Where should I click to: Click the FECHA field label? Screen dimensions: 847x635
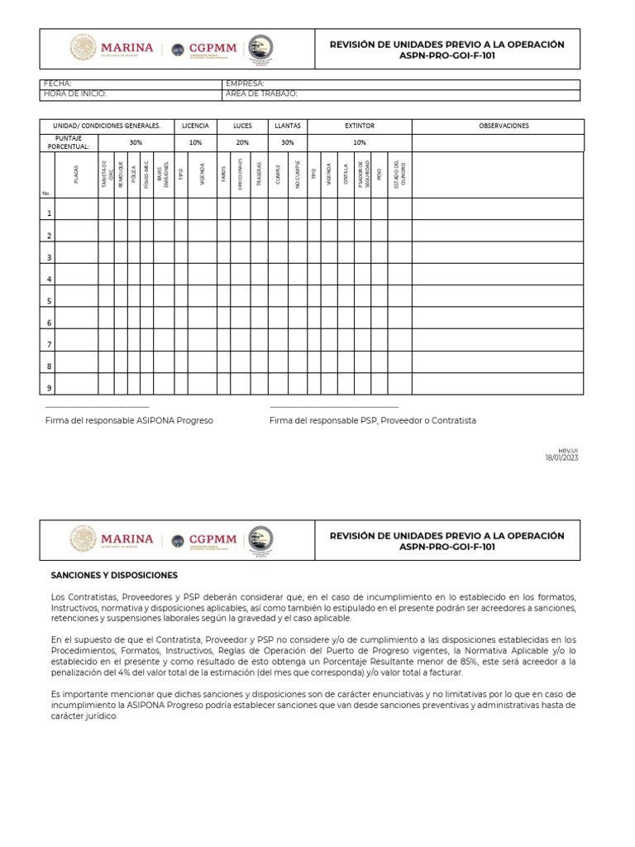click(x=57, y=84)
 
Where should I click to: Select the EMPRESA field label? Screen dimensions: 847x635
click(x=244, y=84)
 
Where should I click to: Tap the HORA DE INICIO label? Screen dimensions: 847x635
click(x=74, y=94)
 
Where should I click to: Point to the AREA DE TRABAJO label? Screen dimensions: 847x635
click(x=261, y=94)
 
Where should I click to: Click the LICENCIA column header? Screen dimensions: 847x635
click(x=195, y=126)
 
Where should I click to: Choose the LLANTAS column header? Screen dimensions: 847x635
click(x=288, y=126)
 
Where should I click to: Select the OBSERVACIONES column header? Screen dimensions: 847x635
click(x=504, y=126)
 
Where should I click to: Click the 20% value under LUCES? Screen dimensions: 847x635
click(x=242, y=142)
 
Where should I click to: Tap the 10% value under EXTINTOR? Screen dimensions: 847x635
click(x=360, y=142)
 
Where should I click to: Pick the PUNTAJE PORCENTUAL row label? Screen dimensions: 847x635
click(x=69, y=142)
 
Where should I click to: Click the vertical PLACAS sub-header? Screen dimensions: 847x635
click(x=77, y=175)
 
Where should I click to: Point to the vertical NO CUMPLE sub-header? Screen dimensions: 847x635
click(x=298, y=175)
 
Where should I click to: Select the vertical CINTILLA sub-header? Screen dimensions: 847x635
click(x=346, y=175)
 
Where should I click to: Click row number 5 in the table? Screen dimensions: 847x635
click(x=49, y=301)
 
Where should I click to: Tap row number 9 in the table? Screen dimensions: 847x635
click(x=49, y=387)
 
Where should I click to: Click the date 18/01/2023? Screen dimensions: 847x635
click(x=561, y=457)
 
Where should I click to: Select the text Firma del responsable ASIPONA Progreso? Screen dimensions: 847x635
click(x=129, y=420)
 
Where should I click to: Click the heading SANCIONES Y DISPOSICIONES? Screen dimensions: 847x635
click(x=114, y=575)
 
